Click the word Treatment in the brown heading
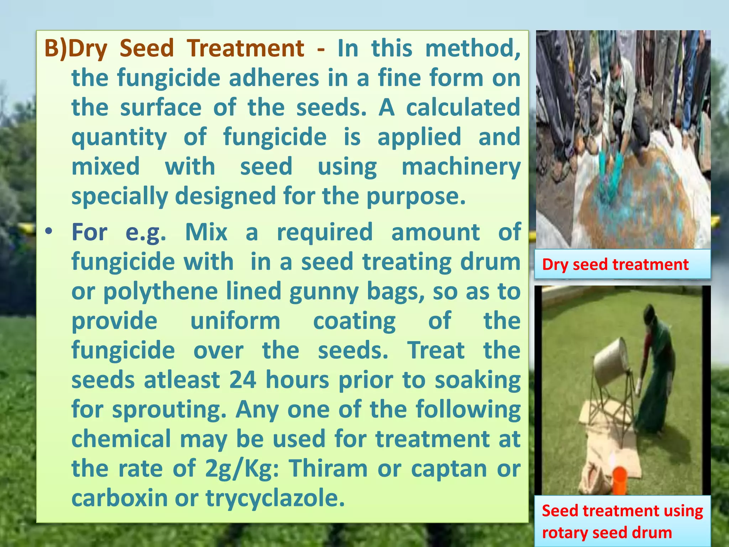246,48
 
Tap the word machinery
461,167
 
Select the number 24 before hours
242,380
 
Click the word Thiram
328,468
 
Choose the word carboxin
120,498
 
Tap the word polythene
161,291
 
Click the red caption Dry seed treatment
615,265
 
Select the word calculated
463,108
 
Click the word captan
449,468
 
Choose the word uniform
235,321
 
